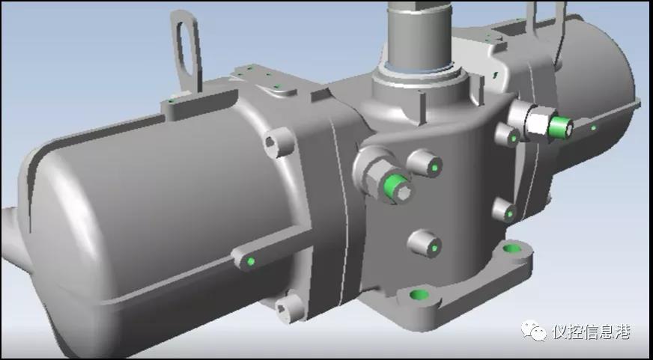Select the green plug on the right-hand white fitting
560,127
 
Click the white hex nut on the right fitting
539,121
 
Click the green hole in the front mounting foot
419,295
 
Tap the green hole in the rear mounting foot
511,249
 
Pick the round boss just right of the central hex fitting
425,163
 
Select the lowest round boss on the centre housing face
425,244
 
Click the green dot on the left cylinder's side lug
251,261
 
